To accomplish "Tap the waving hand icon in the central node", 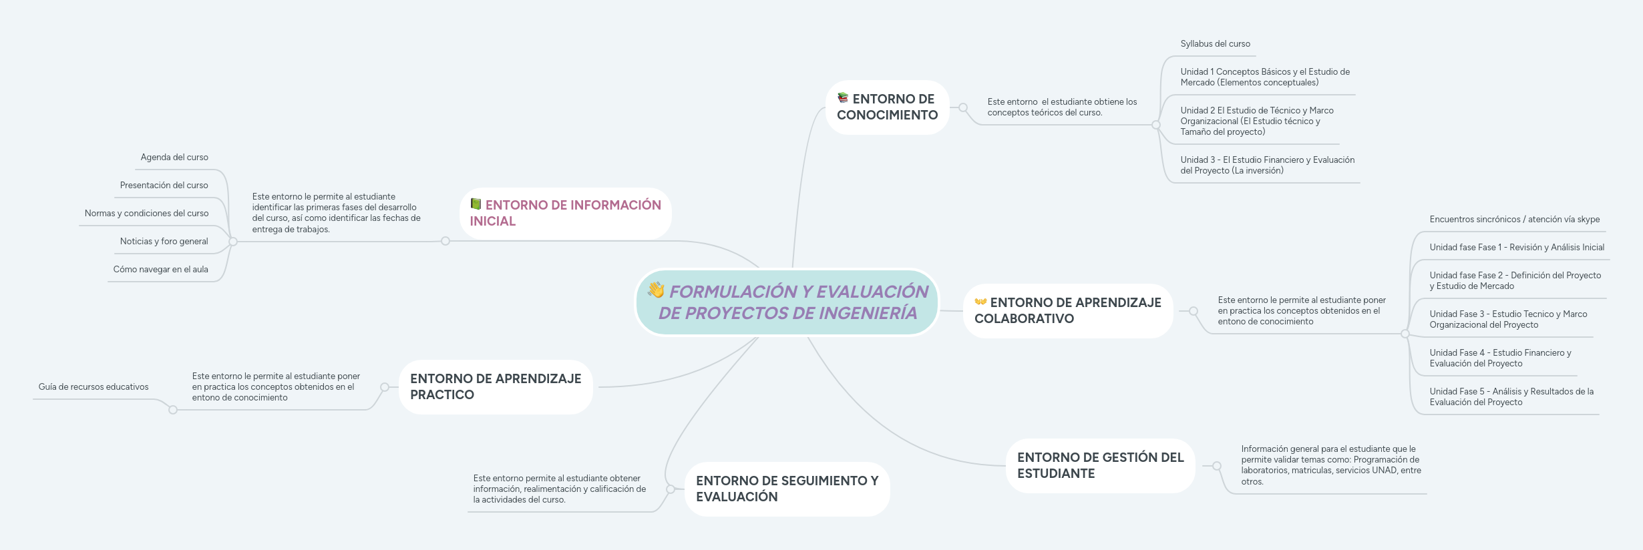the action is point(656,290).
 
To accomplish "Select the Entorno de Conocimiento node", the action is point(887,107).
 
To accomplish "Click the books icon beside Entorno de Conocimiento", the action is point(843,98).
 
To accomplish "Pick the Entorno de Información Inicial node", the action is point(565,214).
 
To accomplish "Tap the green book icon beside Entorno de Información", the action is point(476,204).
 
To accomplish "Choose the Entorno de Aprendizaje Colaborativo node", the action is point(1067,311).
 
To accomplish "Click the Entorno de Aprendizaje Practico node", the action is point(496,387).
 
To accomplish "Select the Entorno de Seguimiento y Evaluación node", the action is point(787,489).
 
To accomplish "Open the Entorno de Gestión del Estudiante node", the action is point(1100,466).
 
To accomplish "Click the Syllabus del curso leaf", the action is point(1215,44).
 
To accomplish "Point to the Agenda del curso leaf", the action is point(174,158).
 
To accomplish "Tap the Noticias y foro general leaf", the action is point(164,242).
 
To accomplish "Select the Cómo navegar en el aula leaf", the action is point(160,270).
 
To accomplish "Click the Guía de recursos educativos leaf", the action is point(94,387).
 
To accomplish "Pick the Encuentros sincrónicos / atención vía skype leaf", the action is point(1514,220).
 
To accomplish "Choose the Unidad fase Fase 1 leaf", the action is point(1516,248).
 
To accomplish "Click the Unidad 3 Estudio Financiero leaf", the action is point(1266,166).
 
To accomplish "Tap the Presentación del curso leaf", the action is point(164,186).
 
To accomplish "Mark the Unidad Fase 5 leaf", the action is point(1511,397).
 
